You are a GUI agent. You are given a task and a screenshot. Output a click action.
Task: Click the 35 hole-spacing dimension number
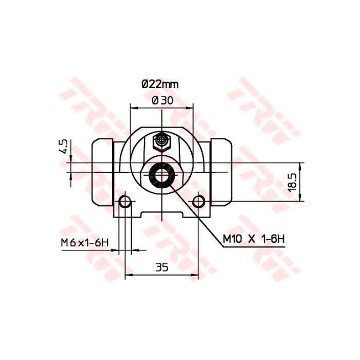[x=162, y=267]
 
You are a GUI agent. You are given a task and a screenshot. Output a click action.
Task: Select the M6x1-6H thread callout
[x=83, y=242]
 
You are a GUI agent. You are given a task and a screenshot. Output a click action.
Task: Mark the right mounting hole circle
[x=199, y=202]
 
